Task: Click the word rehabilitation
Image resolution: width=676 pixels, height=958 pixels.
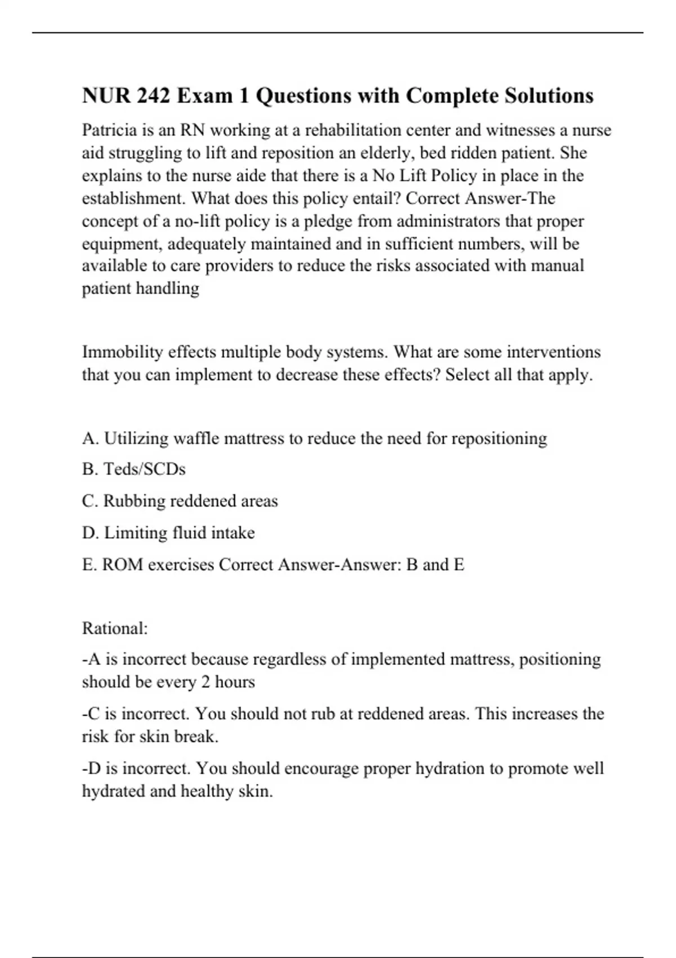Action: pos(361,130)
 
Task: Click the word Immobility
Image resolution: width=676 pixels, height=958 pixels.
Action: pos(122,352)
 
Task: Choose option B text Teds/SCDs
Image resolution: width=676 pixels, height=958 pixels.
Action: pos(145,469)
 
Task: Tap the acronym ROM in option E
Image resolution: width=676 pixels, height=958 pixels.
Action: pos(122,565)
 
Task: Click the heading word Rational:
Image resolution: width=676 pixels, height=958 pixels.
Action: pos(115,628)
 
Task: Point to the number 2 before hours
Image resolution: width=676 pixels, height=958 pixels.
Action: pos(206,682)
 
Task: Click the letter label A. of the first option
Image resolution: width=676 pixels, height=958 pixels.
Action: pos(90,438)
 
